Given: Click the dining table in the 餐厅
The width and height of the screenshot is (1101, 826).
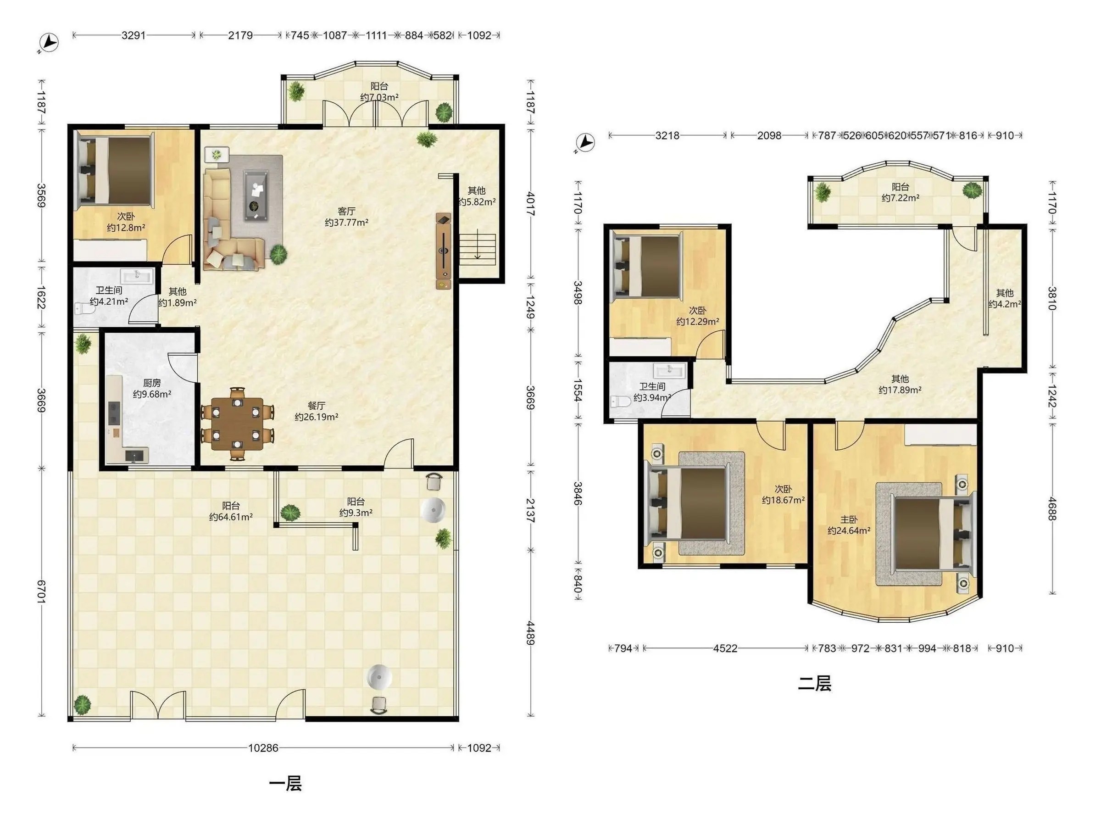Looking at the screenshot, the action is click(238, 423).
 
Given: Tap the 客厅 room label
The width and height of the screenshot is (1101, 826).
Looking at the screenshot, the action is click(346, 211).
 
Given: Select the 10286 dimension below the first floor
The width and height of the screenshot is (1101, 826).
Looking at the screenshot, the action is click(263, 748).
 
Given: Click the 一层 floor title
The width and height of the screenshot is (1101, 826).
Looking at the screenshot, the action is click(285, 784).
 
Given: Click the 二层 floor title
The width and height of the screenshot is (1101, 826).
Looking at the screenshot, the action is click(815, 684).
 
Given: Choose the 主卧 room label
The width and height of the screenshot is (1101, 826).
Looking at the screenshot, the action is click(849, 519).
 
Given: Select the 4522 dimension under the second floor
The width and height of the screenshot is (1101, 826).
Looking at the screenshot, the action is click(725, 648).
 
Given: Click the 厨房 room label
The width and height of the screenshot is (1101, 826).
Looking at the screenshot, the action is click(152, 383).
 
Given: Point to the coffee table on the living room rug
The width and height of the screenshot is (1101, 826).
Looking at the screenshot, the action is click(256, 195).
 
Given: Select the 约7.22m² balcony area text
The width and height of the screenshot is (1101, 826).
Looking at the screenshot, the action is click(900, 198).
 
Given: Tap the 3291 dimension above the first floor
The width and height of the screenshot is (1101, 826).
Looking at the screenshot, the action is click(133, 35).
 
